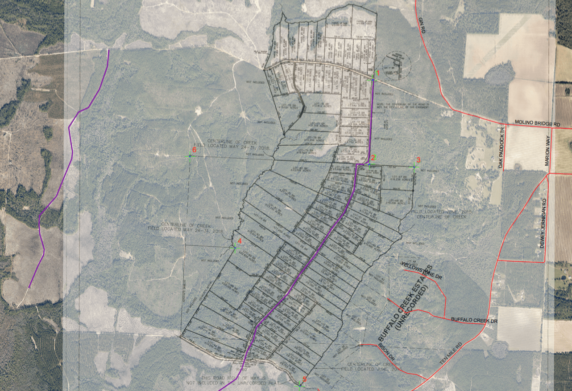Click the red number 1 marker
click(377, 73)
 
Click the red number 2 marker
click(373, 158)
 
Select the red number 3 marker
click(418, 160)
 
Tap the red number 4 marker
click(240, 241)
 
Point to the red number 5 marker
click(305, 379)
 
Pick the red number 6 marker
click(194, 150)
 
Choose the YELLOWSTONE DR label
click(422, 270)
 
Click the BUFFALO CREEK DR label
click(474, 320)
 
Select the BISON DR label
click(386, 352)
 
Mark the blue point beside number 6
click(190, 156)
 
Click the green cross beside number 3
click(414, 167)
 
